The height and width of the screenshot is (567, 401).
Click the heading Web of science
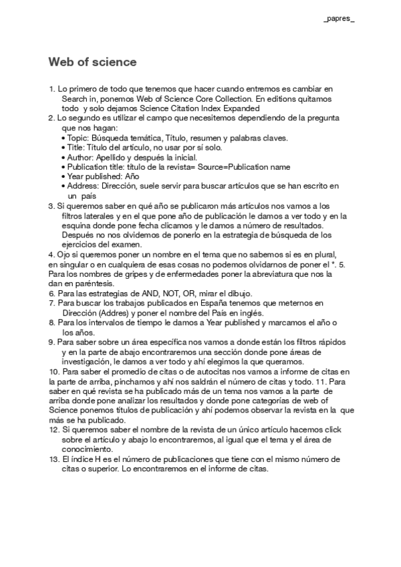point(92,62)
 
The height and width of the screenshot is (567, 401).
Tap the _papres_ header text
point(340,19)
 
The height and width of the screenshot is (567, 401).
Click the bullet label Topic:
point(79,138)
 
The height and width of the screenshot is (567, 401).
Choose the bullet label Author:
point(81,156)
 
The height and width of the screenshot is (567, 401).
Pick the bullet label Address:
point(84,185)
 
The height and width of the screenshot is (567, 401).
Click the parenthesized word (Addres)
point(111,312)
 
